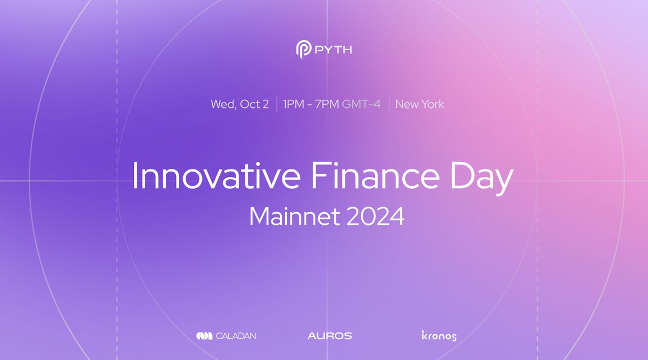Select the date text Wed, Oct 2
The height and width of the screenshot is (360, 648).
tap(239, 104)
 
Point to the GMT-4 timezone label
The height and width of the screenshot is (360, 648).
tap(361, 104)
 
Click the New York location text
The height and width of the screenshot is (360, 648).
tap(420, 104)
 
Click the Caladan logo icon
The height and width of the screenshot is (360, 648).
tap(205, 336)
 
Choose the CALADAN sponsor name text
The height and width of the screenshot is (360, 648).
tap(237, 336)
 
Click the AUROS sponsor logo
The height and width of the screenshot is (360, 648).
tap(329, 336)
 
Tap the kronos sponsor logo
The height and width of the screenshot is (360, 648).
tap(438, 336)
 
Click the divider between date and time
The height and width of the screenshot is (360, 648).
tap(276, 104)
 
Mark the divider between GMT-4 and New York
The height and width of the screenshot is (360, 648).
tap(388, 104)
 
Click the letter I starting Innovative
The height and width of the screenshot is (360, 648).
tap(135, 175)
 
